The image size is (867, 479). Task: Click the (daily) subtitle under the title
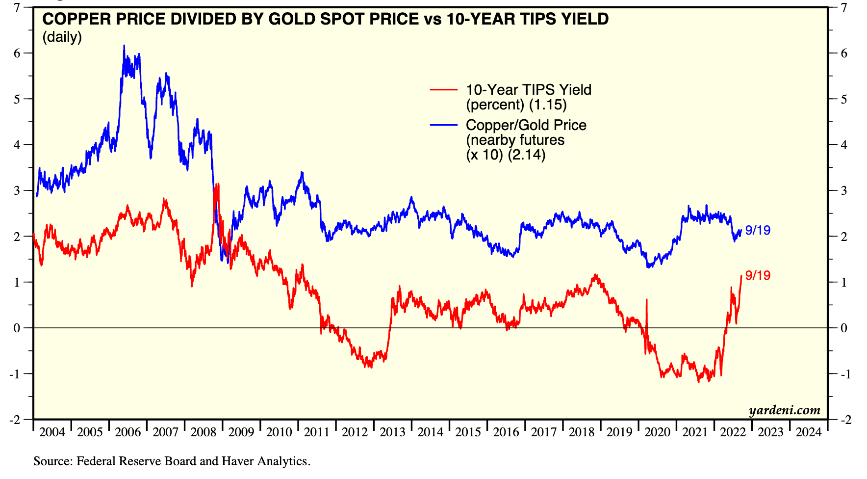(62, 37)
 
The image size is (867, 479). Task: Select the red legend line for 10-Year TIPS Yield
(443, 90)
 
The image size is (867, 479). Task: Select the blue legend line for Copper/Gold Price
(443, 125)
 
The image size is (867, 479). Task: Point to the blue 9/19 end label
(758, 230)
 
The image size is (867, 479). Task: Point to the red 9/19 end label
(758, 275)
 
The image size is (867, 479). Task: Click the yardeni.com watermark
(784, 410)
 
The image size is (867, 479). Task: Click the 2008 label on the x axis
(203, 432)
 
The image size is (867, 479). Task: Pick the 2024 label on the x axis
(808, 432)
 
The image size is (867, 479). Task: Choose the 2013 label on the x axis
(392, 432)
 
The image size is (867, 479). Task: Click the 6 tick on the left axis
(17, 53)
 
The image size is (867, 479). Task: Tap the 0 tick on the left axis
(17, 328)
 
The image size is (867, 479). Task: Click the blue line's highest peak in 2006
(124, 46)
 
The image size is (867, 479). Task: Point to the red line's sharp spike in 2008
(217, 186)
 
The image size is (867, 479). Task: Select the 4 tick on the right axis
(844, 145)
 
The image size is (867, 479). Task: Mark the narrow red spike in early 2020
(647, 300)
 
